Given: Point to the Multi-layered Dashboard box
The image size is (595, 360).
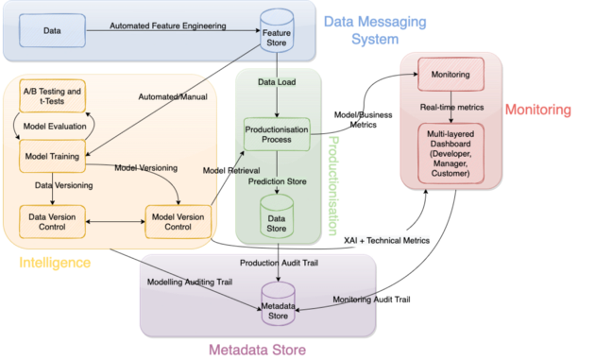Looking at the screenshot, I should click(450, 151).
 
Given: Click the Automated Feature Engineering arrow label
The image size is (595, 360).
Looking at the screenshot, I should click(169, 26).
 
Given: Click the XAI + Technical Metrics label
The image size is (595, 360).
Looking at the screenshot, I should click(386, 241).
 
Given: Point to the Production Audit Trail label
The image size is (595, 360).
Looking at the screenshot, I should click(280, 263).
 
